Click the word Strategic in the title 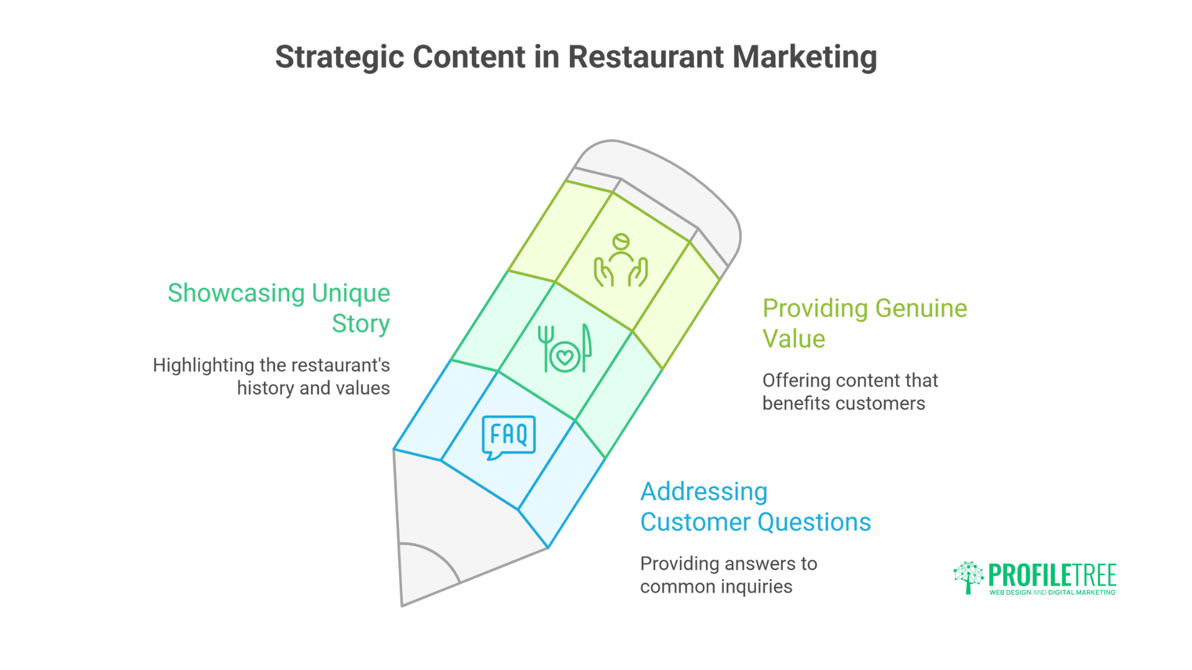pyautogui.click(x=340, y=58)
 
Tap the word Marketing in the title pyautogui.click(x=805, y=58)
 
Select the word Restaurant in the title pyautogui.click(x=646, y=57)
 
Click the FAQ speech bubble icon pyautogui.click(x=508, y=437)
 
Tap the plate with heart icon pyautogui.click(x=564, y=350)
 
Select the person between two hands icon pyautogui.click(x=621, y=261)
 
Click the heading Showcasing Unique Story pyautogui.click(x=279, y=308)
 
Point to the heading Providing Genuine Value pyautogui.click(x=864, y=323)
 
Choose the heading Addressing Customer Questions pyautogui.click(x=755, y=506)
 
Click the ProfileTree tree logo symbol pyautogui.click(x=968, y=577)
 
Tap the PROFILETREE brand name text pyautogui.click(x=1052, y=575)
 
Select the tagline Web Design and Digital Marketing pyautogui.click(x=1052, y=593)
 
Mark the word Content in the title pyautogui.click(x=469, y=57)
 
